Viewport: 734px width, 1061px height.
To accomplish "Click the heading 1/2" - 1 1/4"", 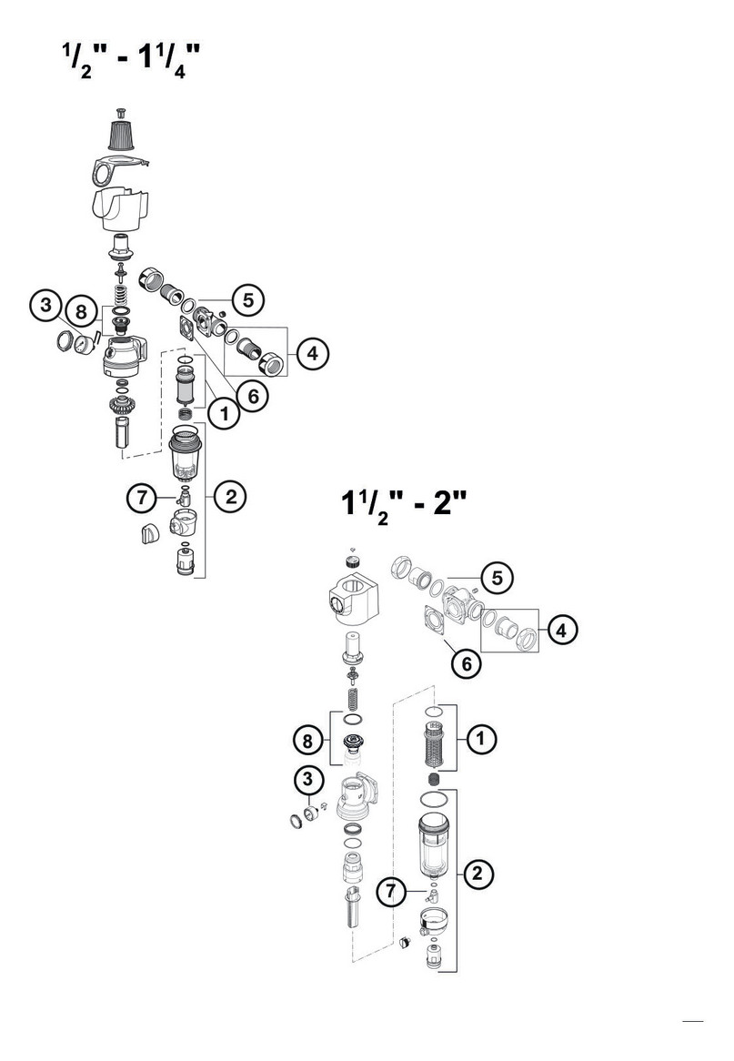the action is [x=131, y=61].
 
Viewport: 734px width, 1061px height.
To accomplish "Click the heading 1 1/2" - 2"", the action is [x=404, y=505].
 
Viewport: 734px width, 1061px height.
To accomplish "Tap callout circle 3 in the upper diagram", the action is [x=46, y=305].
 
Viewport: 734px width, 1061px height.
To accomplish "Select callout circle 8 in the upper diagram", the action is [x=81, y=312].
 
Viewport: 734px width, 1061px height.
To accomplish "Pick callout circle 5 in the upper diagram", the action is [x=248, y=299].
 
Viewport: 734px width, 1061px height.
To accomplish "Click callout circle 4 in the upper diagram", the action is [x=312, y=353].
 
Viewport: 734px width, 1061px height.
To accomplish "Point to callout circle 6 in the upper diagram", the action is [x=252, y=396].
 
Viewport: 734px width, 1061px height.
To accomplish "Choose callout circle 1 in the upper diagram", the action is [x=224, y=412].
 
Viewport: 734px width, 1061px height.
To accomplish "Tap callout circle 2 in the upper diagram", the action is [x=231, y=498].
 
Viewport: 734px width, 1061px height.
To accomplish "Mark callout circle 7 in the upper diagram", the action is [x=142, y=499].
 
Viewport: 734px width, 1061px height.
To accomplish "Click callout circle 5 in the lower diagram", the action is [x=498, y=579].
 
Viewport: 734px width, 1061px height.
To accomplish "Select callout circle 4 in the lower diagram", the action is [x=561, y=631].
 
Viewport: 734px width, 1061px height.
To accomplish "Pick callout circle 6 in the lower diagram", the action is [x=467, y=663].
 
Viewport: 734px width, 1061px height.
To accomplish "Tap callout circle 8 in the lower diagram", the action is [x=308, y=741].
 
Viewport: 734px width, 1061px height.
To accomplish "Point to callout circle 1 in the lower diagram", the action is [x=480, y=738].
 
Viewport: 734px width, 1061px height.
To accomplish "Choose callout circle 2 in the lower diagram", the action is [x=478, y=874].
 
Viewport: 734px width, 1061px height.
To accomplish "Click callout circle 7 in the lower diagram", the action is [x=391, y=891].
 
